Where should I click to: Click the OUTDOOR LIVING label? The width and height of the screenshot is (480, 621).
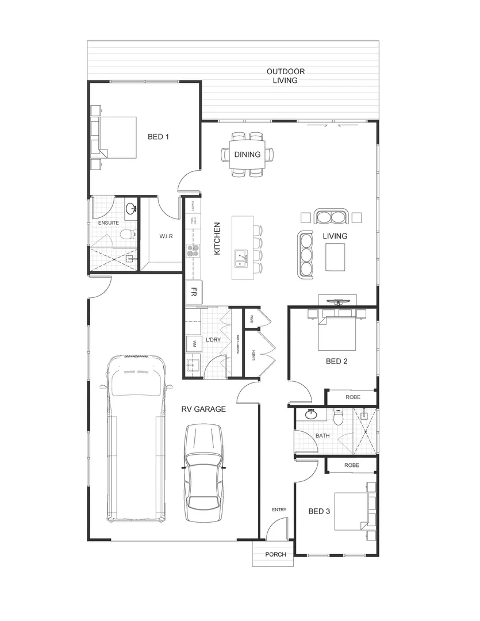click(285, 76)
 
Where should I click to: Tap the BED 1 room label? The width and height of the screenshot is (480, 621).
click(159, 137)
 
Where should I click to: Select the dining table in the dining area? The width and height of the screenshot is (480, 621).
click(247, 155)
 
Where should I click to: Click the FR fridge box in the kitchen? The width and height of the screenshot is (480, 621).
click(194, 292)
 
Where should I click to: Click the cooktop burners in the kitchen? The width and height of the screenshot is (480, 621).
click(192, 250)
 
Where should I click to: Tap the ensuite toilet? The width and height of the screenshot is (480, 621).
click(127, 234)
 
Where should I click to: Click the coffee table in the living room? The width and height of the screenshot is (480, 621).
click(336, 256)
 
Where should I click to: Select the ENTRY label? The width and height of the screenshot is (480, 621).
click(279, 509)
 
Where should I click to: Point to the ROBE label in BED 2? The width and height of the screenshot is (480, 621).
click(352, 397)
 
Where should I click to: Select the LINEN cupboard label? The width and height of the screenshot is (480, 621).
click(252, 356)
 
